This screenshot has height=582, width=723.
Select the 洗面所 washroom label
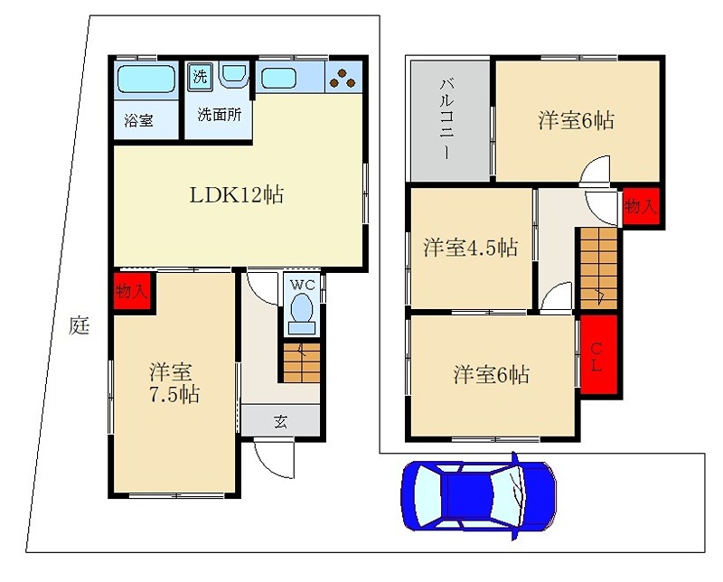218,116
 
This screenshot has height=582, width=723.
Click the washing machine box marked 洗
200,76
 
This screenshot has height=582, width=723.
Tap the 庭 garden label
80,326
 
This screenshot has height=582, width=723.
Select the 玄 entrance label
280,419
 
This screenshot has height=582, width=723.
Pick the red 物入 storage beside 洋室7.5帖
132,291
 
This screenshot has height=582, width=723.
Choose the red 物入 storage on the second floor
641,207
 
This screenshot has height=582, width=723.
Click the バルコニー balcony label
447,118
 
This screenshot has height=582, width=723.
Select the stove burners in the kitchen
343,80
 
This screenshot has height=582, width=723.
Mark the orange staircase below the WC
301,362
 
